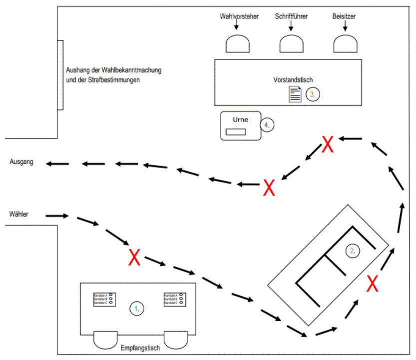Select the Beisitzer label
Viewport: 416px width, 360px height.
pos(346,16)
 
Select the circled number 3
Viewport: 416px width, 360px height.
pos(313,94)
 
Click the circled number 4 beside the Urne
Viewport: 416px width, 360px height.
pos(268,125)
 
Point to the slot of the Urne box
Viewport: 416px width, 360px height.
pos(235,131)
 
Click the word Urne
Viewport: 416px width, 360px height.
pos(241,119)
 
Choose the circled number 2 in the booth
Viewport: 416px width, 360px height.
pos(353,251)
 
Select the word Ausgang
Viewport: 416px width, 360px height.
pos(21,163)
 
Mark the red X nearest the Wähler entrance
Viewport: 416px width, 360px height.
pos(134,258)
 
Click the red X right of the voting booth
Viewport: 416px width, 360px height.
pos(372,283)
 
